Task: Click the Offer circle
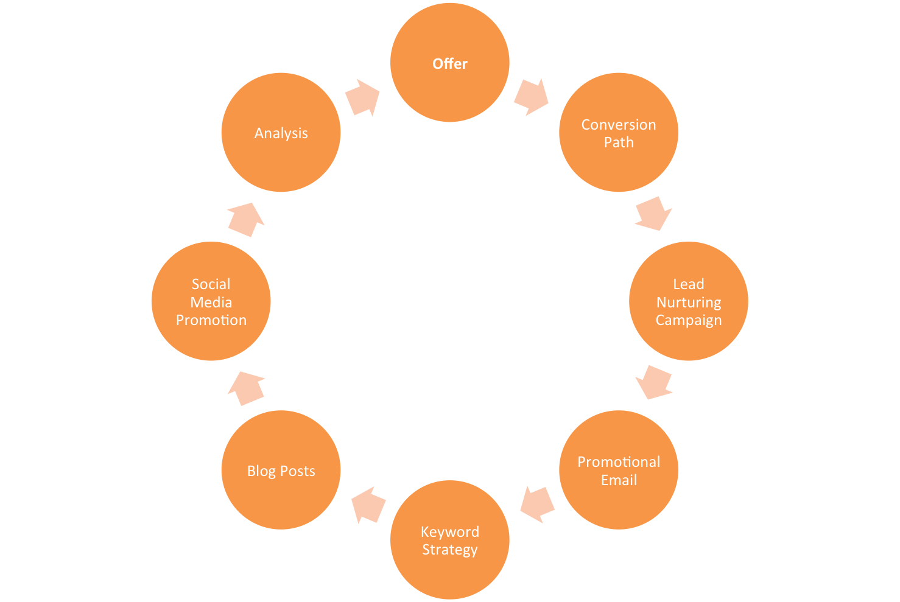(450, 63)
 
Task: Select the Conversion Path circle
(619, 133)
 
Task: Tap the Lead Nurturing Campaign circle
(689, 301)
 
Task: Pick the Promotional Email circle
(619, 470)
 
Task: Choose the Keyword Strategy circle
(450, 540)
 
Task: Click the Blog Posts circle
(281, 470)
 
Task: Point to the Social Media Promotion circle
(211, 301)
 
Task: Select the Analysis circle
(281, 133)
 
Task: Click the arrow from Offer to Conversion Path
(531, 97)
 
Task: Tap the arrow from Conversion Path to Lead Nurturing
(653, 214)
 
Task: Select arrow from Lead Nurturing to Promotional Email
(654, 382)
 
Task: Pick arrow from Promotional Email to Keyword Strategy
(537, 503)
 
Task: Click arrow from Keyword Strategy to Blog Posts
(368, 505)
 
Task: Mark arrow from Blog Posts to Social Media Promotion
(247, 388)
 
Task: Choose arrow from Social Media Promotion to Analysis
(246, 220)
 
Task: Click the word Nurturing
(689, 302)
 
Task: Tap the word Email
(619, 480)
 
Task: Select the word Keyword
(450, 531)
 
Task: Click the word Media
(211, 302)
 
